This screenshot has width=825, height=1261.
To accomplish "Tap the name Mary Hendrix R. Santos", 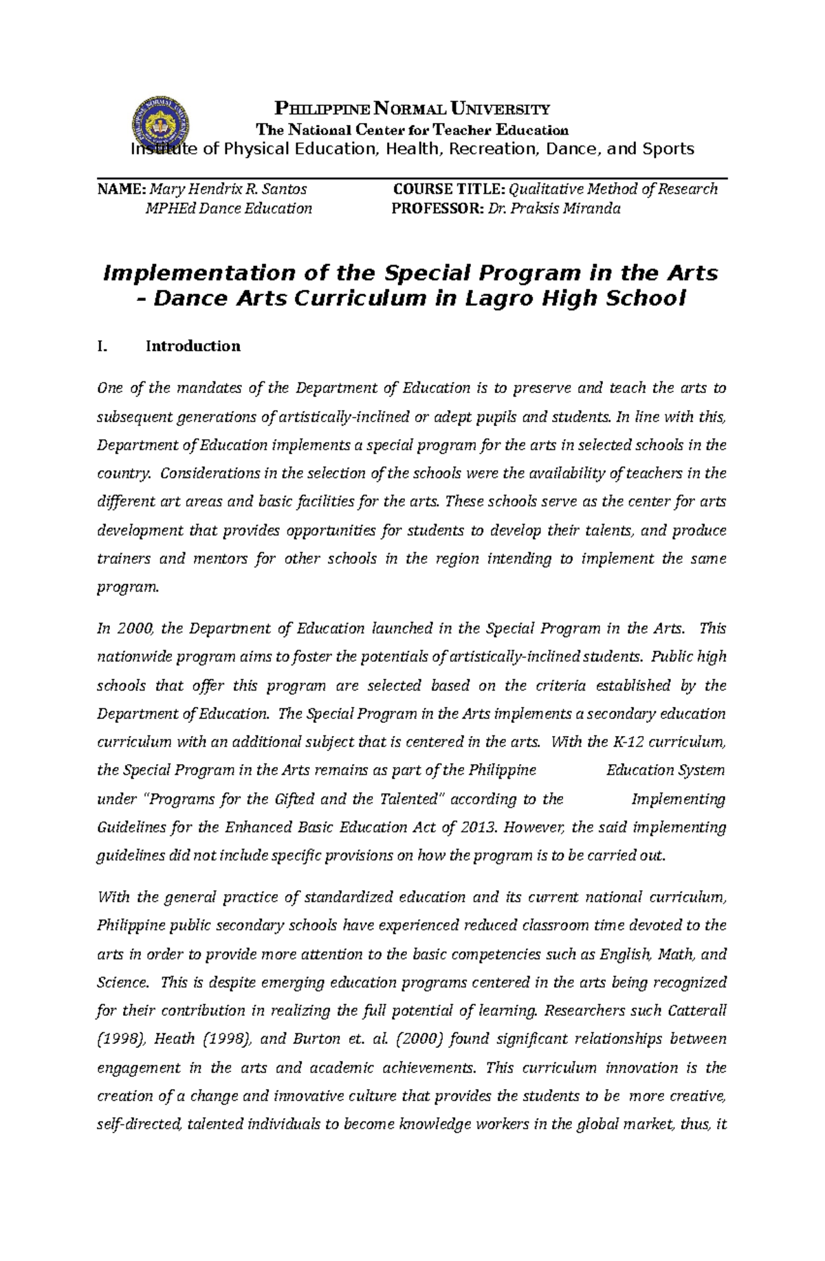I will [x=228, y=189].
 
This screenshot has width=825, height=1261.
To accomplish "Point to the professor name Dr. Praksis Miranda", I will [x=553, y=209].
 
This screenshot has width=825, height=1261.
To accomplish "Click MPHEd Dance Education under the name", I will [x=228, y=209].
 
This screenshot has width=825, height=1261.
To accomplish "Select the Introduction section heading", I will [x=192, y=346].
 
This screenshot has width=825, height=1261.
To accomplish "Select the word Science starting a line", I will [x=122, y=983].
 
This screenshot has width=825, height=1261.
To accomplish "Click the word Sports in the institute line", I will [x=668, y=149].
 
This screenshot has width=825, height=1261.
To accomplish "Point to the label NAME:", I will [x=121, y=189].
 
